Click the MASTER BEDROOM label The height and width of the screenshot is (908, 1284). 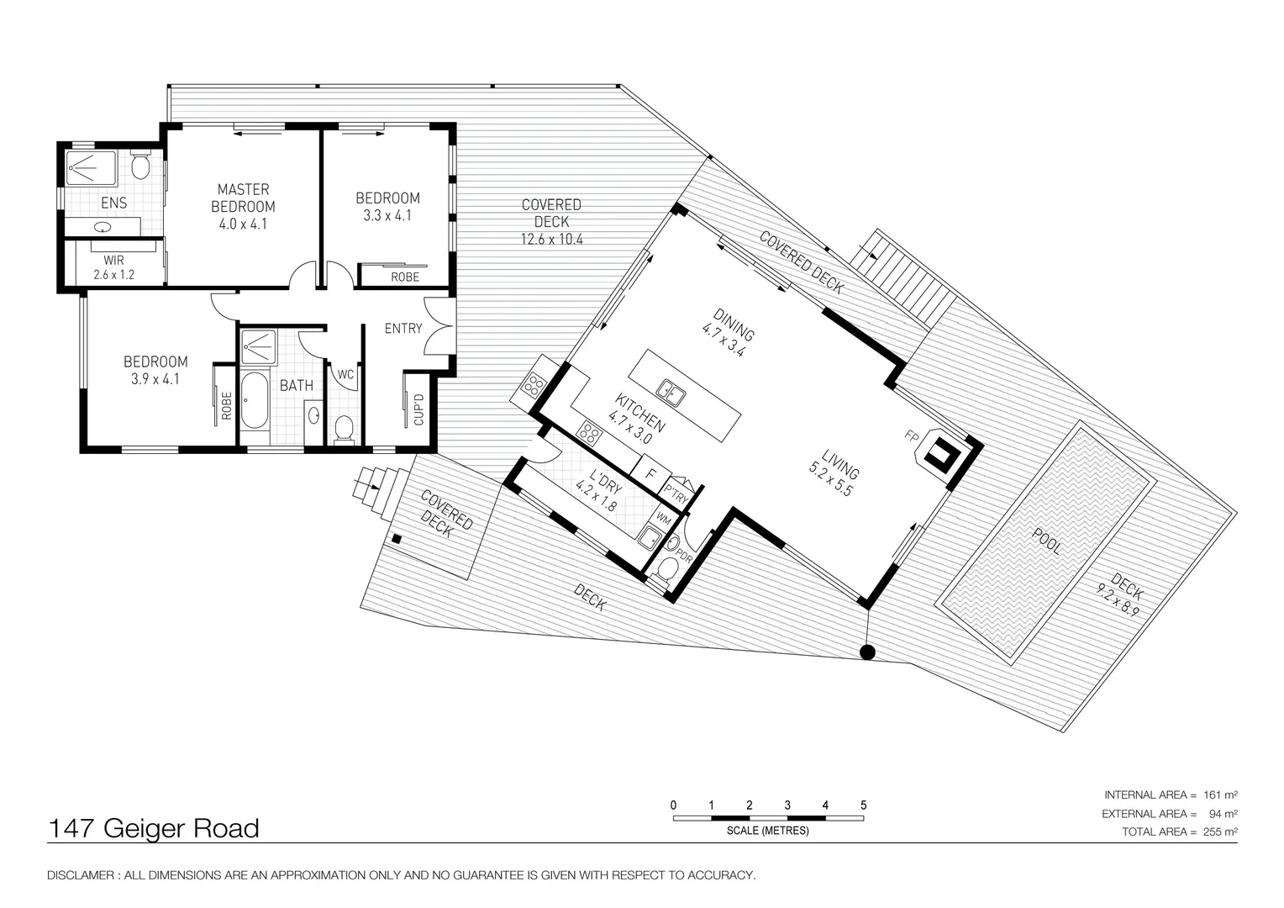[x=243, y=206]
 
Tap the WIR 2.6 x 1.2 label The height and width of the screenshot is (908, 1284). [x=113, y=267]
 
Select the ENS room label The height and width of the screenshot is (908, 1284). [x=113, y=203]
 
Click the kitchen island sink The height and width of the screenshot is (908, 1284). [x=671, y=391]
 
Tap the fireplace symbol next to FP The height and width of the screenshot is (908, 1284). [x=939, y=457]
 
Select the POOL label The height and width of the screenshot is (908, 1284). [x=1047, y=541]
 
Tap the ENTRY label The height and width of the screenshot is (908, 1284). [x=403, y=328]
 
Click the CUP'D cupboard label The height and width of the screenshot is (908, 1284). [x=418, y=409]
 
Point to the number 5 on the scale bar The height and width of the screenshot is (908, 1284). [x=863, y=805]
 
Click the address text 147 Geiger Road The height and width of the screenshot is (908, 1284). [x=154, y=829]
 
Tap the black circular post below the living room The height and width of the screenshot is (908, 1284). [x=868, y=652]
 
